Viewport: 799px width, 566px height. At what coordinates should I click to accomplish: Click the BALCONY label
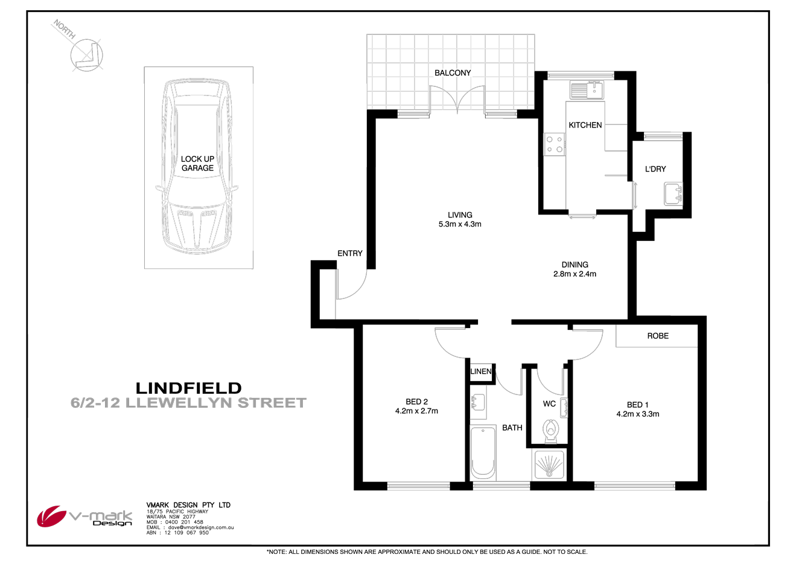pyautogui.click(x=453, y=73)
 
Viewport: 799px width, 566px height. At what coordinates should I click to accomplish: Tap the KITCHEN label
pyautogui.click(x=585, y=125)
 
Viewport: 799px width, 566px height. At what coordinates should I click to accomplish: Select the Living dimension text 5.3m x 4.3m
pyautogui.click(x=460, y=224)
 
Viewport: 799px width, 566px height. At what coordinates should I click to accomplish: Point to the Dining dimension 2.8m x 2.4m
pyautogui.click(x=575, y=274)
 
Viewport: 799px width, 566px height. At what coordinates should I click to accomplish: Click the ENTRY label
pyautogui.click(x=350, y=253)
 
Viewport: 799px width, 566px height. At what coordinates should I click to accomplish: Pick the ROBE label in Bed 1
pyautogui.click(x=658, y=336)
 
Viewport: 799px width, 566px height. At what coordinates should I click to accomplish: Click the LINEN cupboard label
pyautogui.click(x=481, y=371)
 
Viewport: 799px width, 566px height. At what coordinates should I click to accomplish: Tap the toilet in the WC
pyautogui.click(x=550, y=430)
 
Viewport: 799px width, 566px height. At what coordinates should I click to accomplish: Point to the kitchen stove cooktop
pyautogui.click(x=555, y=144)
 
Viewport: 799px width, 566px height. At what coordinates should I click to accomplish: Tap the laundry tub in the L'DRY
pyautogui.click(x=673, y=195)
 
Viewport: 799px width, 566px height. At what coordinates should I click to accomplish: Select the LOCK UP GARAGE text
pyautogui.click(x=197, y=164)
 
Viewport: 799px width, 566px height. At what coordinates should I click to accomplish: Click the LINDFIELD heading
pyautogui.click(x=188, y=388)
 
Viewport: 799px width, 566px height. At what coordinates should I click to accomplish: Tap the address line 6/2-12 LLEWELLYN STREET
pyautogui.click(x=188, y=403)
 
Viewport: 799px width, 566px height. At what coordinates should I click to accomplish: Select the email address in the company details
pyautogui.click(x=199, y=527)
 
